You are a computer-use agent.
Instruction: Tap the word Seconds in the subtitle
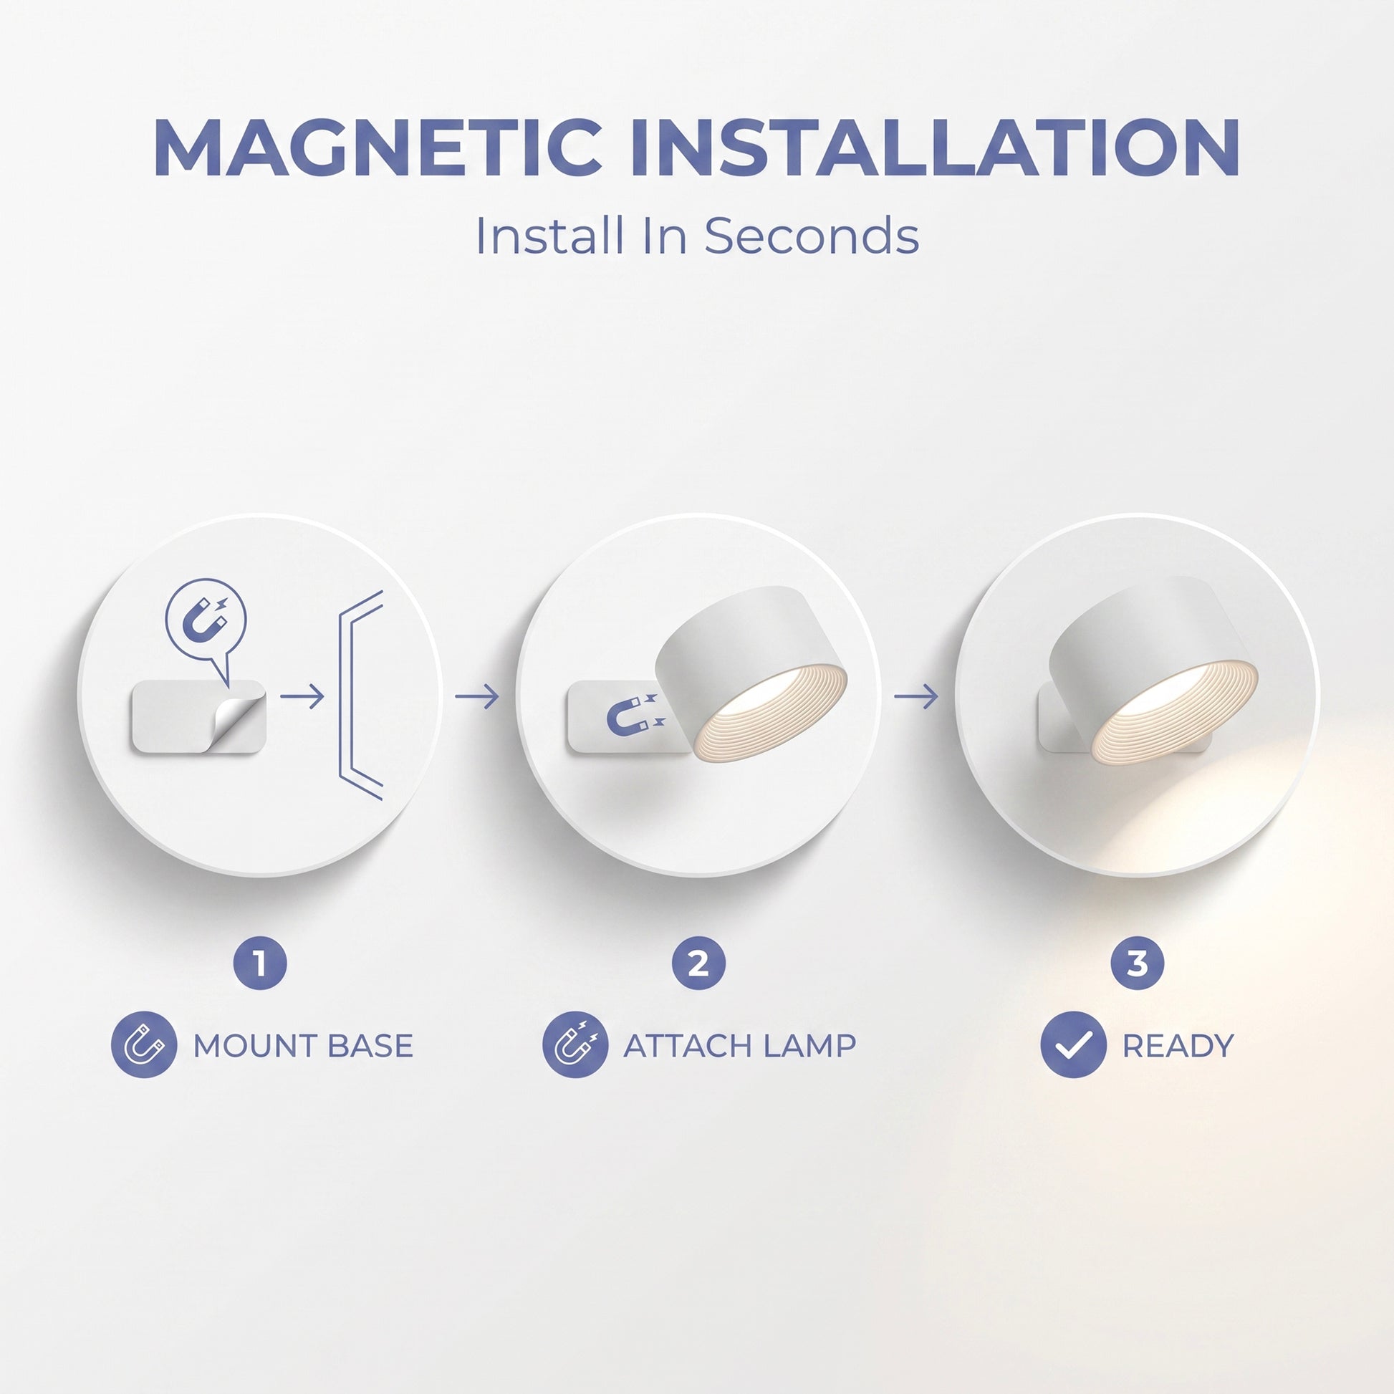coord(811,236)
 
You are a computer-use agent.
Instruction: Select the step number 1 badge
coord(260,963)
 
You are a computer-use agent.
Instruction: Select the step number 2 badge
coord(698,963)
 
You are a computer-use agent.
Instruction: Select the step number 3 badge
coord(1137,963)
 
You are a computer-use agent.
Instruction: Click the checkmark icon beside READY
coord(1074,1044)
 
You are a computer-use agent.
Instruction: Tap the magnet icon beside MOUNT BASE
coord(144,1044)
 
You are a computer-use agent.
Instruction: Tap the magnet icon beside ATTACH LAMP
coord(575,1044)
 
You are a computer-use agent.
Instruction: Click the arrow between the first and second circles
coord(477,696)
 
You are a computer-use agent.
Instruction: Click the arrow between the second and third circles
coord(916,696)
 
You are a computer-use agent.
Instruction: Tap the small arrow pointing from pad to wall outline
coord(302,696)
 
